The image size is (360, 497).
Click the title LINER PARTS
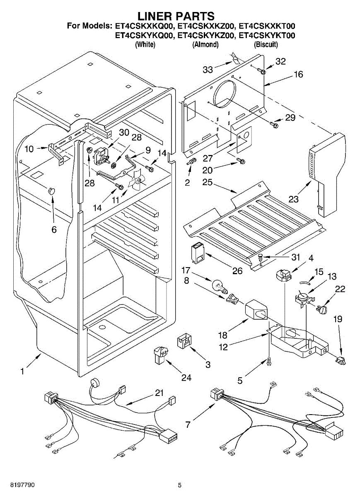click(176, 16)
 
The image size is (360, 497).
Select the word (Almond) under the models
click(205, 44)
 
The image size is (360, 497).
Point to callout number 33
click(208, 70)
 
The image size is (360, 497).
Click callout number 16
click(298, 75)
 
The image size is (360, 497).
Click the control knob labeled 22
click(323, 309)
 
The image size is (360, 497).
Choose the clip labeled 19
click(341, 361)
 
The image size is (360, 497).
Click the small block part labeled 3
click(184, 340)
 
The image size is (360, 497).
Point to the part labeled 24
click(160, 355)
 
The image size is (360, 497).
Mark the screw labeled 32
click(262, 71)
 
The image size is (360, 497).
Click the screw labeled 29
click(274, 123)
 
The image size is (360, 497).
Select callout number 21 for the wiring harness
click(159, 393)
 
